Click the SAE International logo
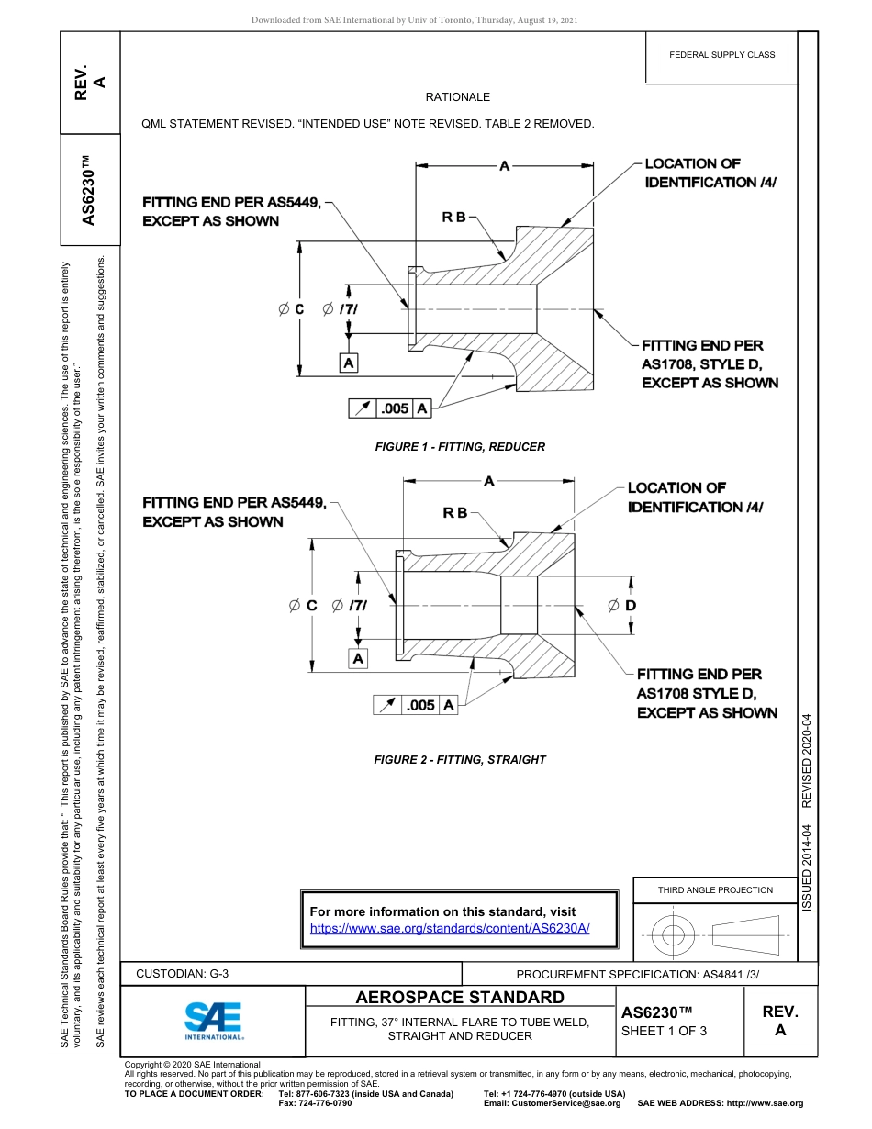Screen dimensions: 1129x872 pos(213,1020)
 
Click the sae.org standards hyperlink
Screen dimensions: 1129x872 pos(450,928)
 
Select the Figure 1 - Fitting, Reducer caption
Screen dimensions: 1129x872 pos(460,447)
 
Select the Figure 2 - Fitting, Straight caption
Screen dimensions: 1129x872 pos(460,760)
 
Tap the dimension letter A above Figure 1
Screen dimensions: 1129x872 pos(504,166)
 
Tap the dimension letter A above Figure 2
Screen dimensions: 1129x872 pos(489,481)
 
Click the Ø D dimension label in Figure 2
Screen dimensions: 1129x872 pos(622,606)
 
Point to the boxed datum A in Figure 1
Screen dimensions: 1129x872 pos(349,363)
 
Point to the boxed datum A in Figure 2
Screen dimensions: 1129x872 pos(358,658)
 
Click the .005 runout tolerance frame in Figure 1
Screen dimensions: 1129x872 pos(390,408)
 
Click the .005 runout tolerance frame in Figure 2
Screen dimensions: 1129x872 pos(416,705)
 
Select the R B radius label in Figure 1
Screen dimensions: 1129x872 pos(454,218)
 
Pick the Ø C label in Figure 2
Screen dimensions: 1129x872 pos(303,606)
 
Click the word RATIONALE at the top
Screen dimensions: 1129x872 pos(457,96)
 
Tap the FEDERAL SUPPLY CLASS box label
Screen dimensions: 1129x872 pos(721,55)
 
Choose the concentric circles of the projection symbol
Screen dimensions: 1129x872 pos(673,935)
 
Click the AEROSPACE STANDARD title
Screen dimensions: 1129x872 pos(460,998)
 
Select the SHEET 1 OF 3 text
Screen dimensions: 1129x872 pos(664,1031)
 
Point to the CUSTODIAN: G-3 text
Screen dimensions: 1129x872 pos(183,974)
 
